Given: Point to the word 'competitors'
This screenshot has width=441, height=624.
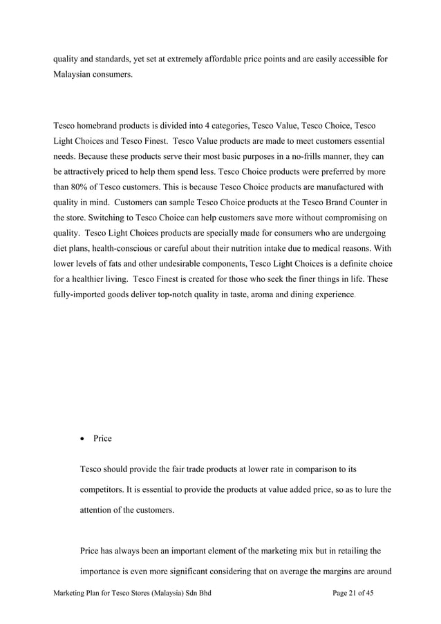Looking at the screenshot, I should tap(104, 490).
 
